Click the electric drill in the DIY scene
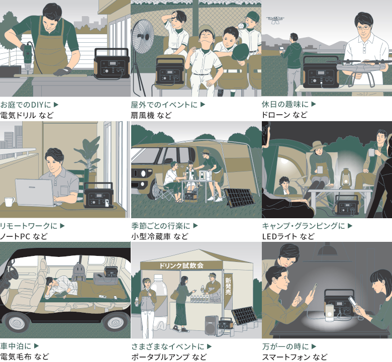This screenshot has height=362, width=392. (x=28, y=57)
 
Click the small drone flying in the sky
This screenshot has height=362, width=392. (x=275, y=20)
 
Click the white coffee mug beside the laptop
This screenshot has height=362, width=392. (x=10, y=202)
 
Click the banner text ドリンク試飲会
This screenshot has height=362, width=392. (x=181, y=265)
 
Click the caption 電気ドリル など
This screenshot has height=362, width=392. (x=27, y=115)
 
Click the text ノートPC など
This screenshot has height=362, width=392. (x=24, y=236)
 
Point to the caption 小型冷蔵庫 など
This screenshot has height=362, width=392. (x=160, y=236)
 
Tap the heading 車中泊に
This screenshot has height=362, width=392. (x=16, y=346)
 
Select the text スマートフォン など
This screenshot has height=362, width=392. (x=295, y=357)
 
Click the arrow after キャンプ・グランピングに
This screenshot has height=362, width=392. (x=350, y=226)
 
